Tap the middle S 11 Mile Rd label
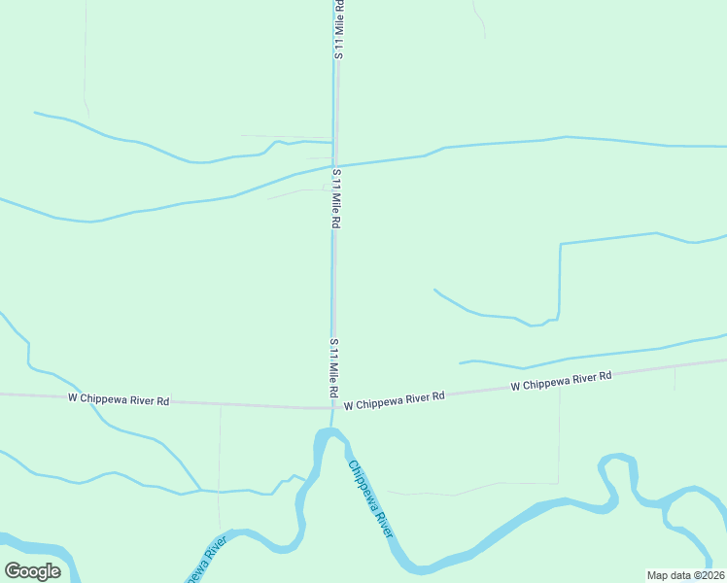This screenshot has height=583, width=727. coord(335,198)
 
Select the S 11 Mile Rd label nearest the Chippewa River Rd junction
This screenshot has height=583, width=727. coord(332,366)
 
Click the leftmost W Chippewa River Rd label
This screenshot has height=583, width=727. coord(119,398)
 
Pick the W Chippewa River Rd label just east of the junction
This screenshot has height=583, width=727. coord(394,398)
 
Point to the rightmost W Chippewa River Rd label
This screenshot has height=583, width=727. coord(562,381)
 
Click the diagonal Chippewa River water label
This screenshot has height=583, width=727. coord(370,498)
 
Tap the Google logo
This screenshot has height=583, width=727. coord(32,570)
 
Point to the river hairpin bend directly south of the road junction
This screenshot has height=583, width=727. coord(331,433)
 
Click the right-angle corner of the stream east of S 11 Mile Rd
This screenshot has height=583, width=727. coord(561,245)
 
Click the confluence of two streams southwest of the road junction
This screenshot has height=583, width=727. coord(200,490)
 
